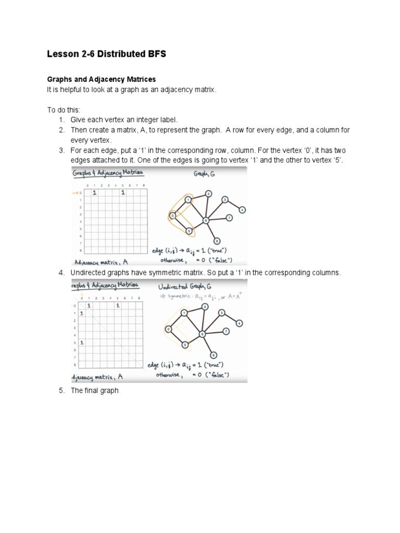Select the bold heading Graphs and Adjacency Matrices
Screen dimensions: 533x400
click(x=102, y=79)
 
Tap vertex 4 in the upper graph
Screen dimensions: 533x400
click(x=242, y=210)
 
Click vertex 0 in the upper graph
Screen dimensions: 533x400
click(x=172, y=215)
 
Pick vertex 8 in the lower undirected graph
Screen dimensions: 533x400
click(x=214, y=354)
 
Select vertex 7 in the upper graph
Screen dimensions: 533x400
click(x=229, y=218)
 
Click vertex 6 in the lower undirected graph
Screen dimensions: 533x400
click(x=203, y=334)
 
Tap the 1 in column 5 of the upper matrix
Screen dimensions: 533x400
click(x=123, y=193)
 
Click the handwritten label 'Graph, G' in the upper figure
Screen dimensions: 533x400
click(x=205, y=174)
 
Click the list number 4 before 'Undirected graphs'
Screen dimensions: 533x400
click(x=60, y=273)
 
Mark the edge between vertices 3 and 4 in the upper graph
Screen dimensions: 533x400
click(x=233, y=205)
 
